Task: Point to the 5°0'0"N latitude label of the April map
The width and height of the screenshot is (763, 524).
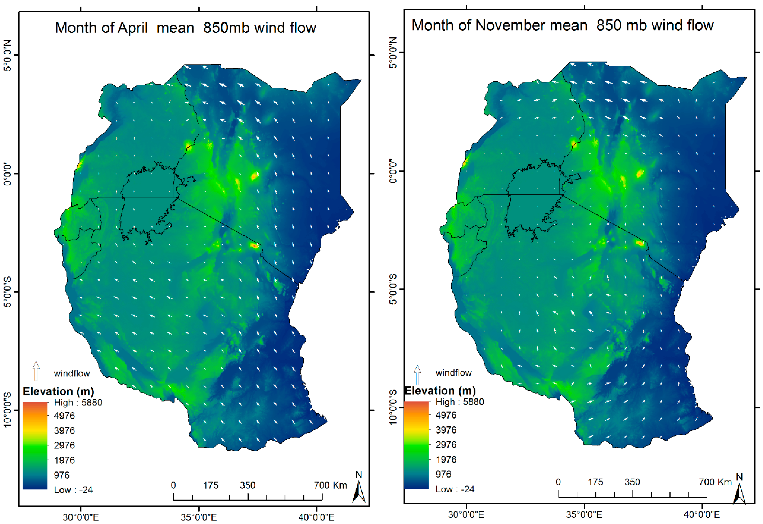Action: [7, 55]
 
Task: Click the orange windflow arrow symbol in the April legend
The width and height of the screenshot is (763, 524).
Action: [36, 371]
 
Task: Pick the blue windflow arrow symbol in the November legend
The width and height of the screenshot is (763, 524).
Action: [417, 374]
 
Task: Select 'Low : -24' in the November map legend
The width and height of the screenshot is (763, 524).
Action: [455, 489]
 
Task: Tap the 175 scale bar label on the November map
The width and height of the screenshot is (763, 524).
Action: [595, 482]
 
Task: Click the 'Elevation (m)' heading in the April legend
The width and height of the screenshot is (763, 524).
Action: [58, 391]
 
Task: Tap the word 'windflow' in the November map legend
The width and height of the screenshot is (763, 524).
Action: [453, 373]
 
